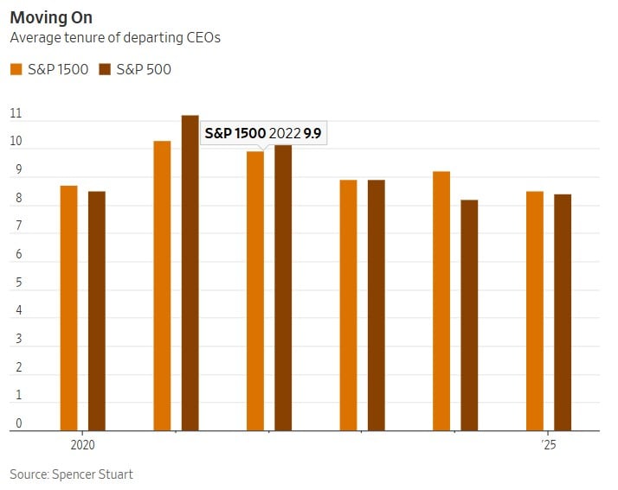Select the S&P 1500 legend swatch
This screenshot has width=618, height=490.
point(16,69)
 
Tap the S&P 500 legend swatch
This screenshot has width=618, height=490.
point(106,69)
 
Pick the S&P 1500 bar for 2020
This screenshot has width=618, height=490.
point(69,308)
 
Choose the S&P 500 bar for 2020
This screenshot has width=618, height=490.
point(97,310)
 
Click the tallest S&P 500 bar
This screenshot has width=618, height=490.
point(190,272)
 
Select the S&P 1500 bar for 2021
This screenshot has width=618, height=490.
point(162,285)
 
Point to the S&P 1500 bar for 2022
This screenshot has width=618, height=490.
point(255,290)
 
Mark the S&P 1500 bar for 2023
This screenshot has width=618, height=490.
point(348,304)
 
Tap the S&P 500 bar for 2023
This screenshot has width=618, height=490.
point(376,304)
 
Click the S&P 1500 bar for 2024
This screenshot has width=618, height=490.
point(441,301)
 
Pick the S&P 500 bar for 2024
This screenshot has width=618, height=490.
point(469,315)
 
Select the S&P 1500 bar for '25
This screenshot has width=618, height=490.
point(535,310)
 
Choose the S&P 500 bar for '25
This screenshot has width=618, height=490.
point(563,312)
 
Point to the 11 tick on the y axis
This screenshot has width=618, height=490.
point(16,114)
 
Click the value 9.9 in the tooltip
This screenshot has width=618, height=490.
point(312,134)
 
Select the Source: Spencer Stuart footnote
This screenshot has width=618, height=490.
point(71,474)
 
